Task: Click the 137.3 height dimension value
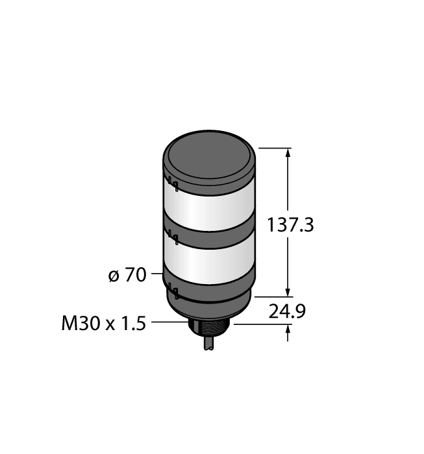tap(291, 225)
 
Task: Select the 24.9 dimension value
tap(288, 313)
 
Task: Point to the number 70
tap(135, 275)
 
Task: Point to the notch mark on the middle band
tap(173, 237)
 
